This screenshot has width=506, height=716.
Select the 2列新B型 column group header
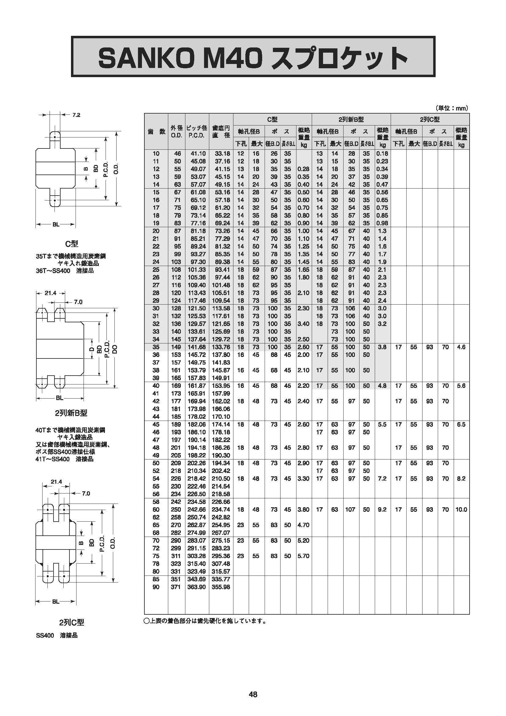click(351, 119)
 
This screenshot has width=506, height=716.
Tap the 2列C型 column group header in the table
click(430, 119)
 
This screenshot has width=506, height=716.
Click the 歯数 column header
click(156, 131)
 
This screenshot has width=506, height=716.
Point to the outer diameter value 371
click(176, 587)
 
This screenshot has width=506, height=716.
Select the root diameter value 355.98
click(221, 587)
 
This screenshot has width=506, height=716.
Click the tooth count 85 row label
click(156, 579)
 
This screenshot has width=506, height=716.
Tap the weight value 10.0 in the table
click(461, 510)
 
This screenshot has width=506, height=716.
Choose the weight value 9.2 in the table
click(382, 510)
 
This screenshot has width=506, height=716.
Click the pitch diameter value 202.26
click(197, 463)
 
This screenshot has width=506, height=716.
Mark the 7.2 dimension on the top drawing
click(76, 115)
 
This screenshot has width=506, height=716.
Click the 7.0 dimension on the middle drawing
click(78, 302)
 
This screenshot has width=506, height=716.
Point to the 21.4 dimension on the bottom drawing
click(56, 482)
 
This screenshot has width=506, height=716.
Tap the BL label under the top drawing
click(56, 224)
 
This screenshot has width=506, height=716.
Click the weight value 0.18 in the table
click(382, 153)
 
